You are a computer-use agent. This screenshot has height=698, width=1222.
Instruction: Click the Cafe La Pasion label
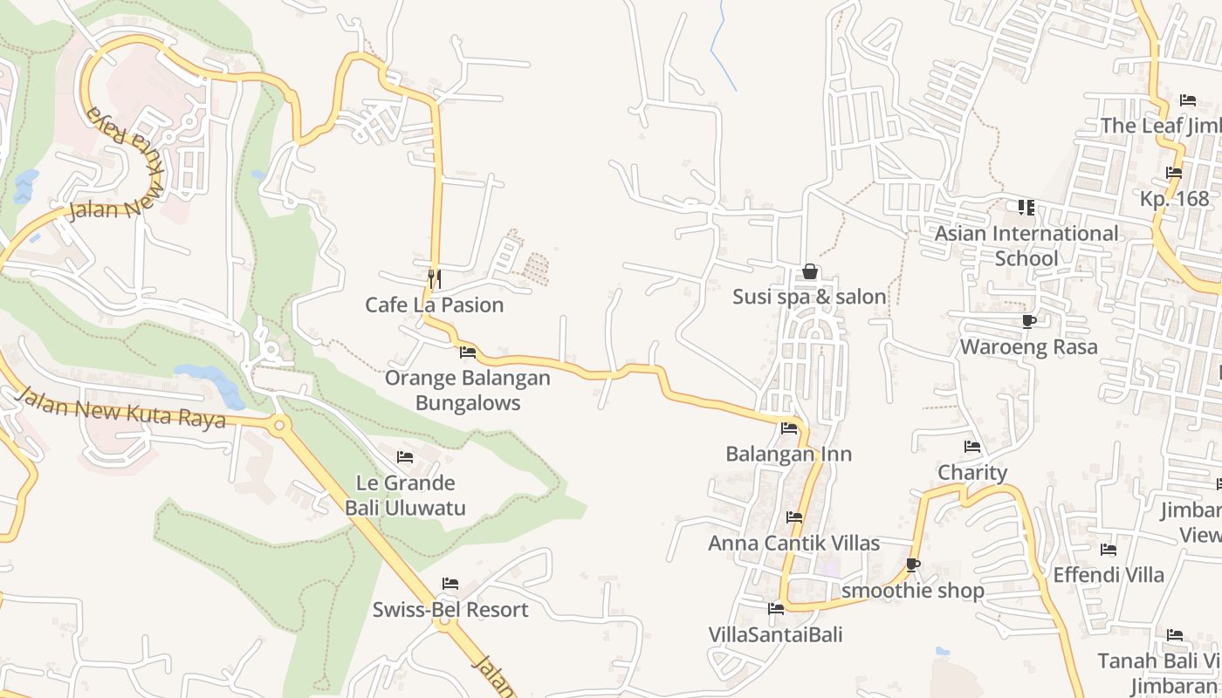click(x=434, y=305)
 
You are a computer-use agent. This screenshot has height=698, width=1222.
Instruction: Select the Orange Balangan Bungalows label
click(x=468, y=390)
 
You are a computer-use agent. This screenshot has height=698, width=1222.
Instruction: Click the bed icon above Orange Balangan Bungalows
click(x=468, y=352)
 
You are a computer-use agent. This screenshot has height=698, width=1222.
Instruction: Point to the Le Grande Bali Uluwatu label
click(x=405, y=495)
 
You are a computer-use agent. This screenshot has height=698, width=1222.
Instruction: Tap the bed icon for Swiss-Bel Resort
click(x=450, y=584)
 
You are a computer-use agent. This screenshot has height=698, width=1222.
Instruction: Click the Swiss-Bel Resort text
click(x=450, y=609)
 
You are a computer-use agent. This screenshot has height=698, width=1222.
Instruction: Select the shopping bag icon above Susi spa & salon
click(x=810, y=271)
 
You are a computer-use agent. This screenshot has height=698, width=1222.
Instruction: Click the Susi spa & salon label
click(x=809, y=297)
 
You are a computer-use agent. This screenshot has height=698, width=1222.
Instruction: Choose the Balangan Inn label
click(x=789, y=454)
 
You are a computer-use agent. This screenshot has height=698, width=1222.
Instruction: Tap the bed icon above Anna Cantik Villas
click(x=794, y=517)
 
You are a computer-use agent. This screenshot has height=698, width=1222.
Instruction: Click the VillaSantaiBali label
click(x=775, y=634)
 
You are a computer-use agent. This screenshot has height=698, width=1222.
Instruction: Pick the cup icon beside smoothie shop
click(x=913, y=565)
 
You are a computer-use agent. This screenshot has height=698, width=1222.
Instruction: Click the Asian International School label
click(x=1026, y=245)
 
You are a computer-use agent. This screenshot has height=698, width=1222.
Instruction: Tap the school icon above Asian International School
click(x=1026, y=208)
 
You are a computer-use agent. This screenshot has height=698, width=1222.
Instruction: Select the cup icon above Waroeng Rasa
click(x=1029, y=321)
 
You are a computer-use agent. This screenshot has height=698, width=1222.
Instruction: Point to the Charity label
click(x=972, y=472)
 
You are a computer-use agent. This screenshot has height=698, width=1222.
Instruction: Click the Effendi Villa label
click(x=1109, y=575)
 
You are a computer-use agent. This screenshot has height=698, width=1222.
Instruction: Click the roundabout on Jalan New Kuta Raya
click(x=279, y=427)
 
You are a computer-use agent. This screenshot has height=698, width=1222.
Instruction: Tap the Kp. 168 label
click(x=1174, y=198)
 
